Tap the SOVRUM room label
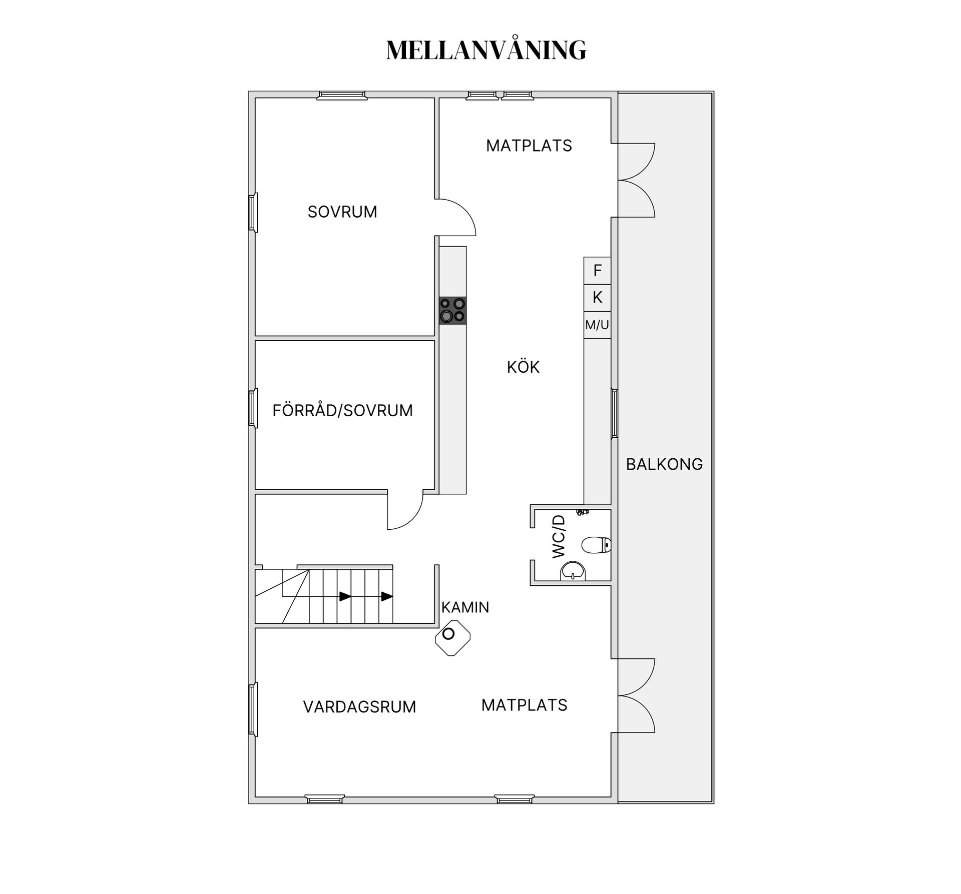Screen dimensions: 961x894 [342, 212]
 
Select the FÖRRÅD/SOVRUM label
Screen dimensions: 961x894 [343, 410]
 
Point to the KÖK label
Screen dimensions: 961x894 [523, 366]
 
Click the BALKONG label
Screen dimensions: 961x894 [664, 464]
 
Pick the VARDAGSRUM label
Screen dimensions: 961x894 [359, 707]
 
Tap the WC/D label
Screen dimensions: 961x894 [559, 536]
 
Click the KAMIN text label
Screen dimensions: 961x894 [465, 607]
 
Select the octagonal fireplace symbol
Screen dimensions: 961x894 [452, 638]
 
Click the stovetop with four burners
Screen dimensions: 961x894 [452, 310]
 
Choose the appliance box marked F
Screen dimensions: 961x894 [597, 271]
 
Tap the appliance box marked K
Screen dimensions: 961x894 [597, 298]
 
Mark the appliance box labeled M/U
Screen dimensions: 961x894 [597, 325]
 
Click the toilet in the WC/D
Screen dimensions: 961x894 [597, 545]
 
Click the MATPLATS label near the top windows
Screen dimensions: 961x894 [529, 146]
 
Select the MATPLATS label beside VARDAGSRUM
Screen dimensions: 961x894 [524, 705]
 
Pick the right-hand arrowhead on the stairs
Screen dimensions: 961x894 [387, 596]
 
